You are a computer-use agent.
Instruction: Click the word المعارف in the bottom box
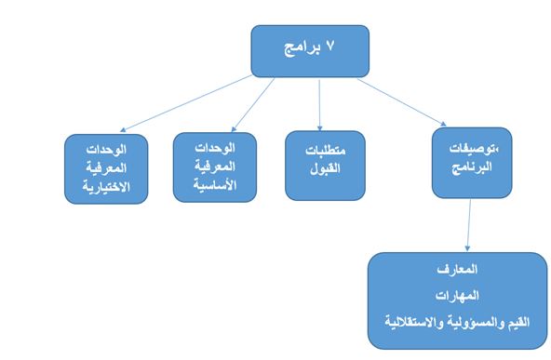[x=457, y=270]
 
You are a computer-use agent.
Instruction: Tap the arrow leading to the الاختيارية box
[x=195, y=105]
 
